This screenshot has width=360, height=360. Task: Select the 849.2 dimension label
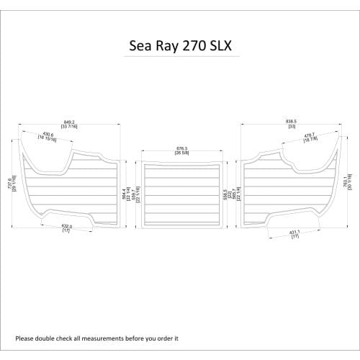70,122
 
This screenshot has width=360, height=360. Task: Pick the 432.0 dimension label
66,227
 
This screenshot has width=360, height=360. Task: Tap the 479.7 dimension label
310,135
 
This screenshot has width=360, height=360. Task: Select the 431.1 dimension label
295,233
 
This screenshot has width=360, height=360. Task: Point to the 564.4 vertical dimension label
125,194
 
